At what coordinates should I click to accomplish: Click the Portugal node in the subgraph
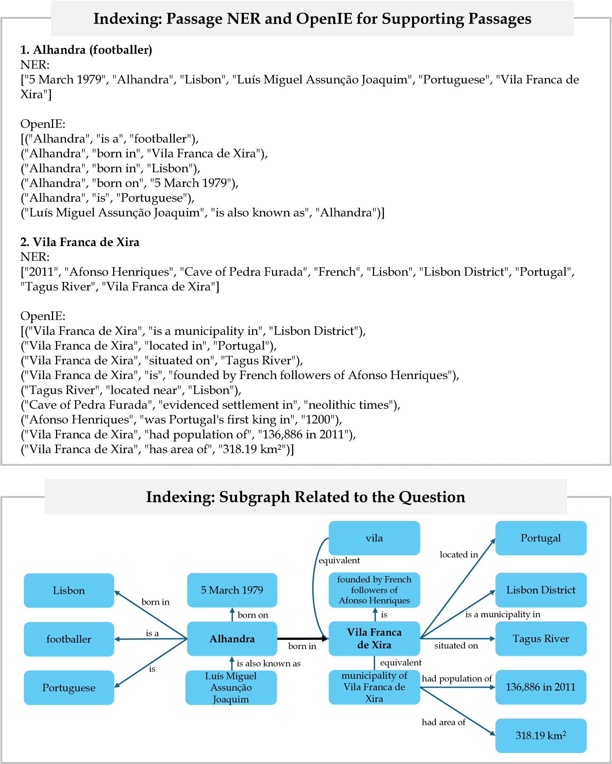541,538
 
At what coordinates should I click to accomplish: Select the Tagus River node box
541,639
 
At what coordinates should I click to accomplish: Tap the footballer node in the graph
69,639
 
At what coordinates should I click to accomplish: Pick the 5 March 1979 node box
232,590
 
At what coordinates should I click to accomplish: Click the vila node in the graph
374,538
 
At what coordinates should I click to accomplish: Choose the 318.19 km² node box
541,736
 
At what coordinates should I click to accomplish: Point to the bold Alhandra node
232,639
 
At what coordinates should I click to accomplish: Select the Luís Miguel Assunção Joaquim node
231,687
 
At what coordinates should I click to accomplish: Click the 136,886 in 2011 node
541,687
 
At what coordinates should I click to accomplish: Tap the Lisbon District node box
541,590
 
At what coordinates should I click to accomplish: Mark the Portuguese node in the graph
69,688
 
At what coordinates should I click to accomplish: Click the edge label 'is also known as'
269,663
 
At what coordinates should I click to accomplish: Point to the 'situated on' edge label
456,646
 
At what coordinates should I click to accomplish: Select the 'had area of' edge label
444,722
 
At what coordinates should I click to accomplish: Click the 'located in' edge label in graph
459,555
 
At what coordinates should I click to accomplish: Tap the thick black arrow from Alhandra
302,638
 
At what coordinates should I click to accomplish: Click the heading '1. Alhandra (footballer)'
86,50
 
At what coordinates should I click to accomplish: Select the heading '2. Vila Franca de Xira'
80,242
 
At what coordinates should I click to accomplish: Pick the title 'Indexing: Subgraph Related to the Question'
305,497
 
